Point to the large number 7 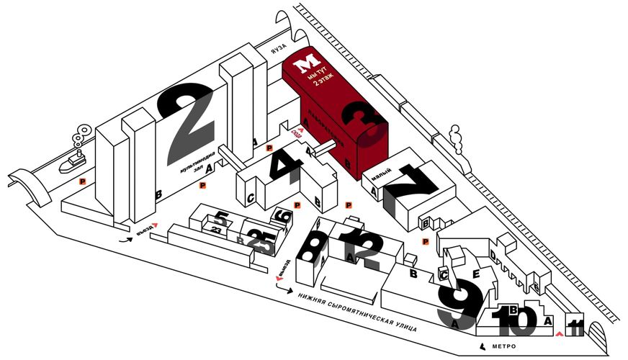pos(411,190)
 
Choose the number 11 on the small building pos(575,328)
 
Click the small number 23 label pos(216,228)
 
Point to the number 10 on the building pos(514,319)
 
